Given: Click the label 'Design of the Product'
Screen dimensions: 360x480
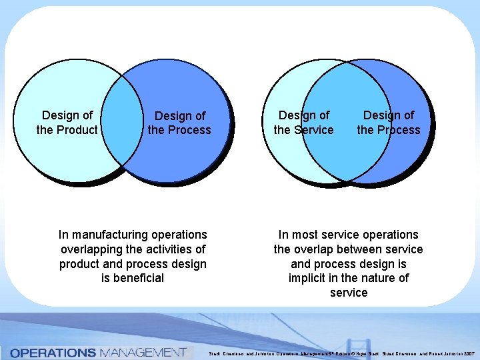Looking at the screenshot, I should click(67, 123).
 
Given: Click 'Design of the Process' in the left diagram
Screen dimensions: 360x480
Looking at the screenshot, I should click(179, 123).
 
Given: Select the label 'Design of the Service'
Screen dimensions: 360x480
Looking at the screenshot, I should click(304, 123).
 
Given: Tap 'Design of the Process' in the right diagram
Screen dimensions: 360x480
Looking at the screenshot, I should click(389, 123).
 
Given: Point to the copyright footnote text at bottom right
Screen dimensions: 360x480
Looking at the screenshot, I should click(340, 353).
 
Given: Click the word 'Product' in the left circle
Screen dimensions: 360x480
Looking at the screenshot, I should click(78, 130).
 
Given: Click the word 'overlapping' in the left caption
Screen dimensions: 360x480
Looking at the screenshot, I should click(91, 249).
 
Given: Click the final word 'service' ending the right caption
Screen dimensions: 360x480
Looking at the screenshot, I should click(349, 293).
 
